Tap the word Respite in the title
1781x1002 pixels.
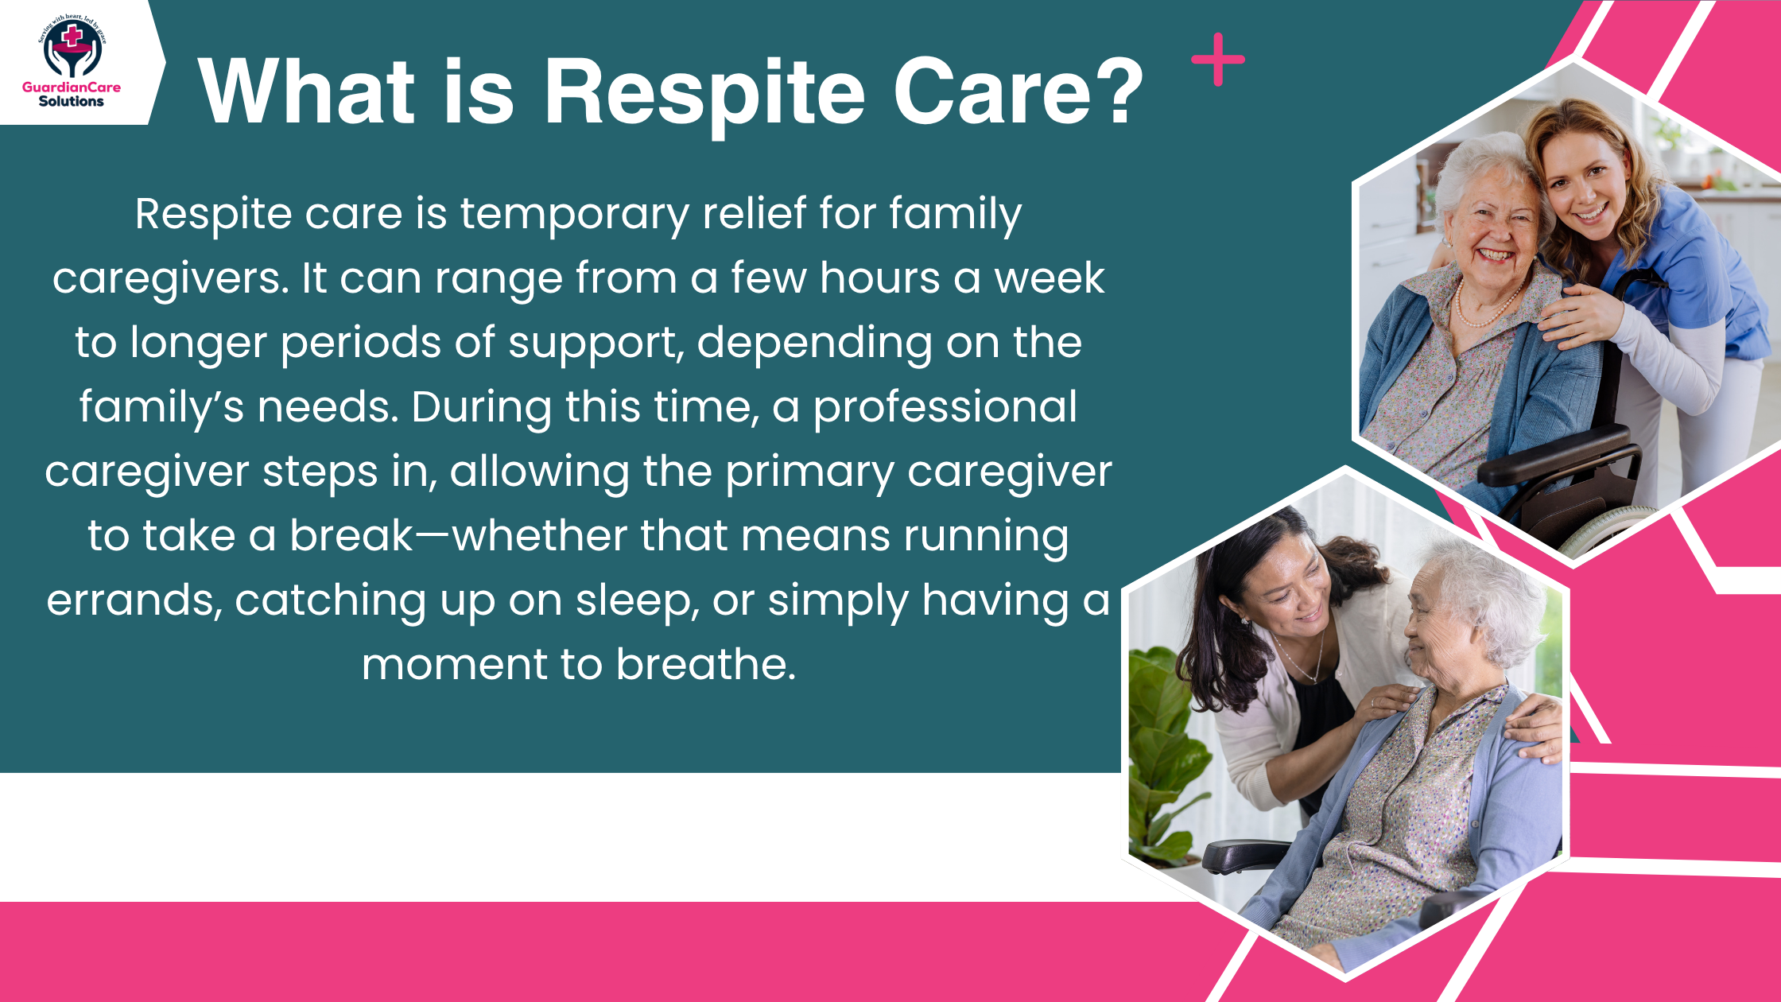point(703,93)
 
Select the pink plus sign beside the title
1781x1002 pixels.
point(1217,60)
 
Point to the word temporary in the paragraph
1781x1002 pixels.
point(575,215)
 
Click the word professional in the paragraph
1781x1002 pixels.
point(945,407)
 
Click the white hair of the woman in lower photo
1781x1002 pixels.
point(1487,588)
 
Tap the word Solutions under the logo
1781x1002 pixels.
point(71,102)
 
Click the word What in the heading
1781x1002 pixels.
point(307,93)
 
